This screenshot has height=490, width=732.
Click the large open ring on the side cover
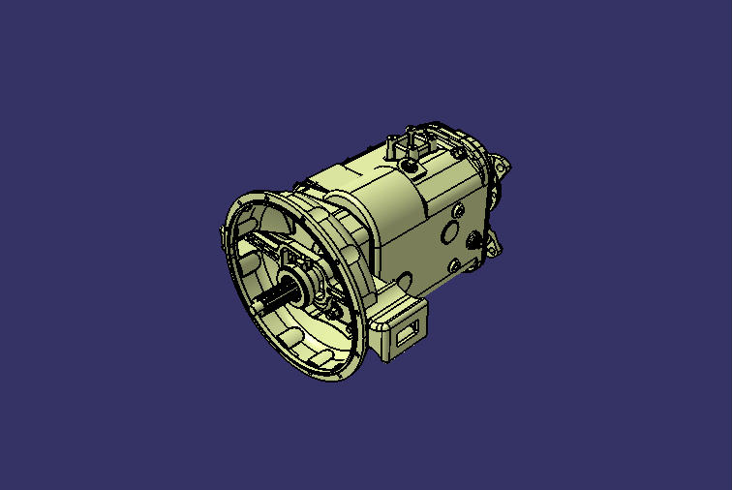point(449,233)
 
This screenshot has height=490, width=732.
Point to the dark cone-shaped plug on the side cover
point(473,239)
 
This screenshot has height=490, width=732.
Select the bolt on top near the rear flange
point(453,152)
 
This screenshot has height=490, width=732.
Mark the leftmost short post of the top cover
point(390,147)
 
